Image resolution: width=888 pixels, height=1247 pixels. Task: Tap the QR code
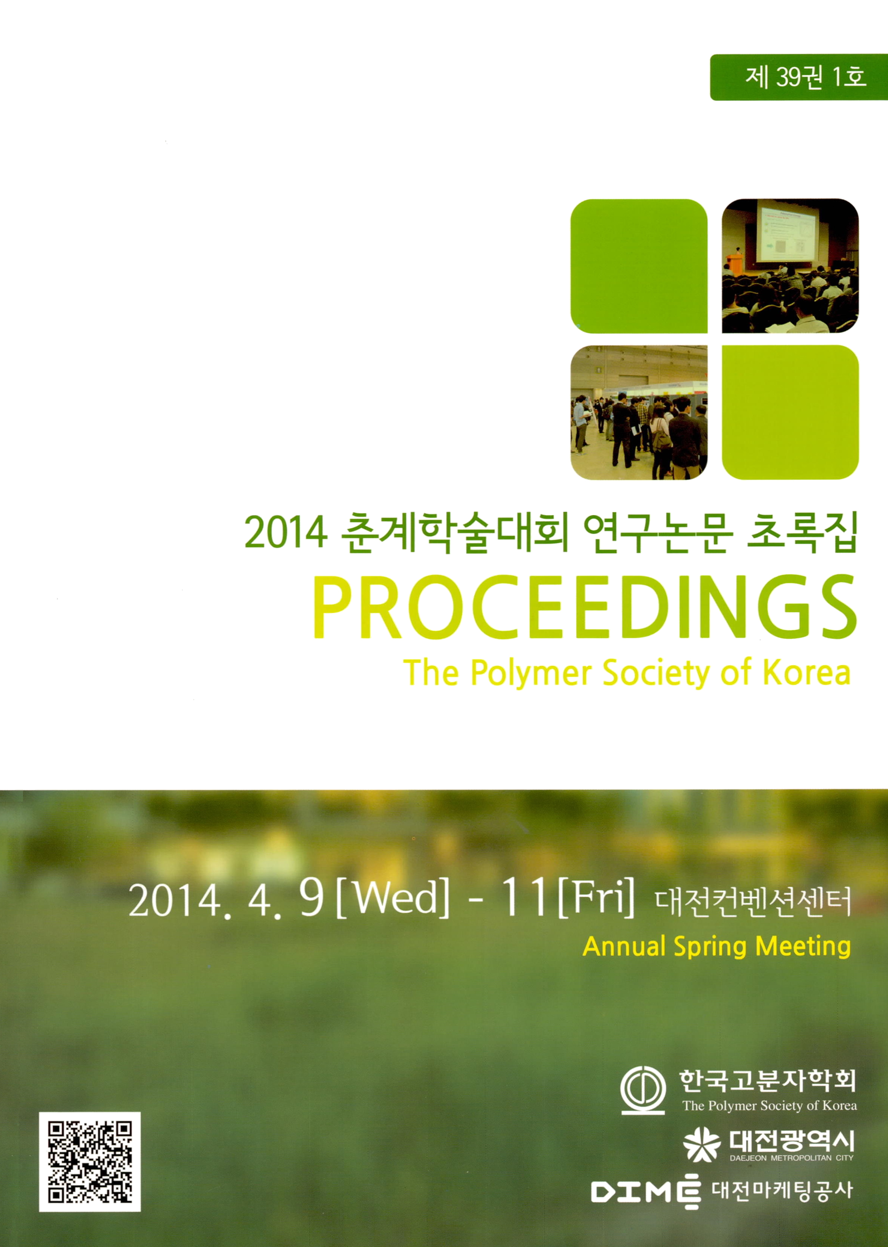(90, 1162)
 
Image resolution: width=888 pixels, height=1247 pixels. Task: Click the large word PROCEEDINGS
(584, 607)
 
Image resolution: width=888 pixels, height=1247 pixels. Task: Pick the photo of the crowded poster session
(639, 413)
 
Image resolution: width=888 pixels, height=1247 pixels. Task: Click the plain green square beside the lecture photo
(639, 266)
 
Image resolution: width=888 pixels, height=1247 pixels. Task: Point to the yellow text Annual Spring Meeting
(716, 947)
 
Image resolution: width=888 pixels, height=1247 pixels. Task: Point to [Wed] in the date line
(392, 899)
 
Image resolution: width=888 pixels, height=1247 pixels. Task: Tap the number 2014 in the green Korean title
(286, 533)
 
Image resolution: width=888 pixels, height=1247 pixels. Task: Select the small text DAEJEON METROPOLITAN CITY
(791, 1158)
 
